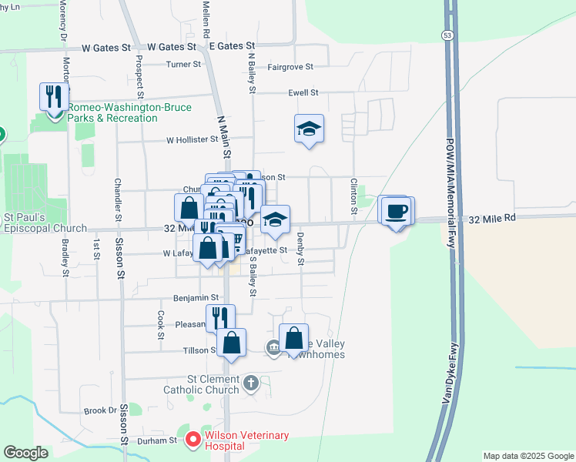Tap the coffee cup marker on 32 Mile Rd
397,210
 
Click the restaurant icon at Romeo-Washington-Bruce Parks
54,98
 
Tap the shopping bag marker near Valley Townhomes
294,337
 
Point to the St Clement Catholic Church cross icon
251,383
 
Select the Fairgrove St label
290,68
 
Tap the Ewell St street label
303,92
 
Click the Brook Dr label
99,411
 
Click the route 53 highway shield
447,35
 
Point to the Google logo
26,452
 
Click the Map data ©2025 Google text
527,456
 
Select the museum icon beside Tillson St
273,349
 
